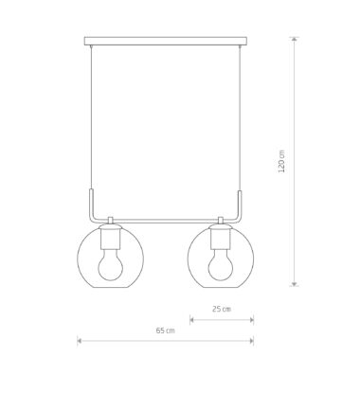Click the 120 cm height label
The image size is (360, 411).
pyautogui.click(x=281, y=161)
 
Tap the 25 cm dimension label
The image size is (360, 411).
pyautogui.click(x=222, y=309)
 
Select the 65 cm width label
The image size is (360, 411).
pyautogui.click(x=165, y=331)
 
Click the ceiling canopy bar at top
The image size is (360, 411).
pyautogui.click(x=166, y=41)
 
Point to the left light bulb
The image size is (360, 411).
pyautogui.click(x=110, y=264)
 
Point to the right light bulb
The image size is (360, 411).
pyautogui.click(x=221, y=264)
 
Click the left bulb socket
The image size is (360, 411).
pyautogui.click(x=110, y=239)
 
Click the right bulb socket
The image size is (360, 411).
pyautogui.click(x=221, y=239)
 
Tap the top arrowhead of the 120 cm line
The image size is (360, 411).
pyautogui.click(x=295, y=39)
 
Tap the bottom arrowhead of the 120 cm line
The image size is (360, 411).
pyautogui.click(x=295, y=284)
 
